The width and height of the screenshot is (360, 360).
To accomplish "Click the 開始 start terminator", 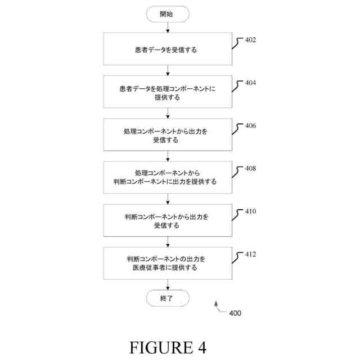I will (x=167, y=14).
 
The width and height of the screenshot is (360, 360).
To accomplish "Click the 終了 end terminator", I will (x=167, y=298).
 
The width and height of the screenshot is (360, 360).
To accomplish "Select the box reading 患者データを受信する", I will (x=167, y=49).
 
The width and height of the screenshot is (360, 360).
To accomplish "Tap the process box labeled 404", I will (x=167, y=92).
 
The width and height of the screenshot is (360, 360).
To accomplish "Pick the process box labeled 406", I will (x=167, y=135).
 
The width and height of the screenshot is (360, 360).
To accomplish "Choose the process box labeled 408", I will (x=167, y=178).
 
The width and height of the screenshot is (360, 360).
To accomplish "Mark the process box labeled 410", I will (x=167, y=220).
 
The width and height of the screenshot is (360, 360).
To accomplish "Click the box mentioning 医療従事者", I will (x=167, y=263).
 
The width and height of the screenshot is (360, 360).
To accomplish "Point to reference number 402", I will (x=250, y=40).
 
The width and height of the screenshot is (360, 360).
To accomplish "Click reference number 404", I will (x=250, y=83).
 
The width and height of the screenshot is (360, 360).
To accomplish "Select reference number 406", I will (x=250, y=125).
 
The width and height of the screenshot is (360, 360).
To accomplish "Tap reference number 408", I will (x=250, y=168).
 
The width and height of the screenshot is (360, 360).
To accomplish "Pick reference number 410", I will (x=250, y=211).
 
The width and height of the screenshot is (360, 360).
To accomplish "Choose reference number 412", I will (x=250, y=254).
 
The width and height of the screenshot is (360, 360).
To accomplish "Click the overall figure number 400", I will (x=235, y=313).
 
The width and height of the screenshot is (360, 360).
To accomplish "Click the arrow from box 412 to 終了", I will (x=167, y=285).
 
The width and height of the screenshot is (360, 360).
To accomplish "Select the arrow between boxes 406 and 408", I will (x=167, y=156).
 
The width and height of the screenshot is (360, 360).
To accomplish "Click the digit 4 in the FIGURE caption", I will (x=201, y=346).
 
